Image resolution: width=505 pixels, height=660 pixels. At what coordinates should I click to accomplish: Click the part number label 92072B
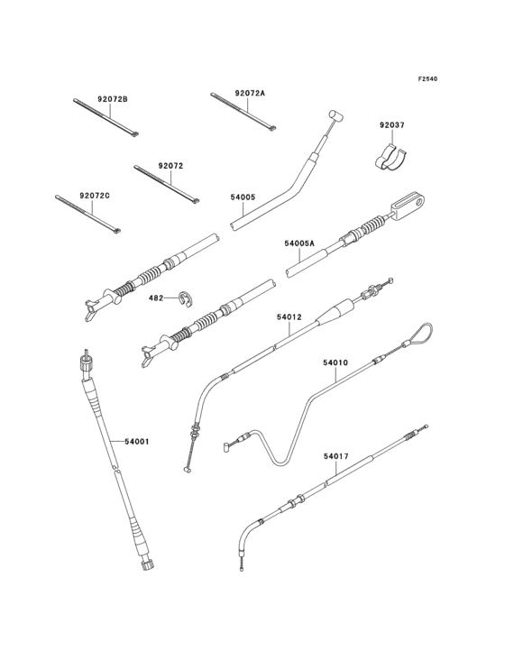(x=113, y=100)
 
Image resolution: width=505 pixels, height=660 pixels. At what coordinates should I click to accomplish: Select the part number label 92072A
(x=250, y=94)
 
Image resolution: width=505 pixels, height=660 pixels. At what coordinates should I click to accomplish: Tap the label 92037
(x=391, y=125)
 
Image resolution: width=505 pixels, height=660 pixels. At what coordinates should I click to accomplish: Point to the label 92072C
(x=95, y=196)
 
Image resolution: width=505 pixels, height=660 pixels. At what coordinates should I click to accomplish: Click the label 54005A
(x=299, y=243)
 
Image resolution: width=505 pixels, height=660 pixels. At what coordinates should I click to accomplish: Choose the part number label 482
(x=156, y=298)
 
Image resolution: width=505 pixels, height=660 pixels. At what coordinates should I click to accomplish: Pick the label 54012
(x=289, y=317)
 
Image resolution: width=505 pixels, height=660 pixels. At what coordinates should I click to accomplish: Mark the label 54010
(x=335, y=362)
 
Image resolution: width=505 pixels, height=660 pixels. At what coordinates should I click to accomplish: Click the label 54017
(x=336, y=456)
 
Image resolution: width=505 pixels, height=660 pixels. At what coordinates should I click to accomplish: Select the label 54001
(x=137, y=442)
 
